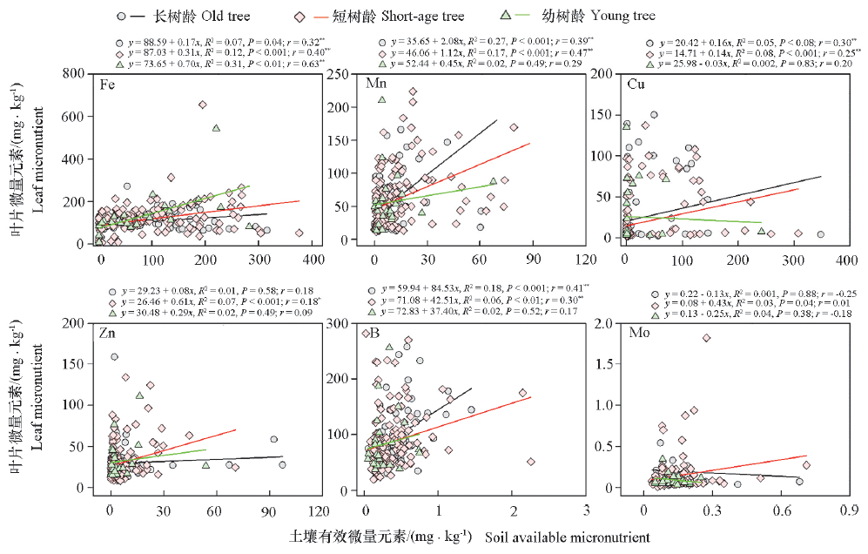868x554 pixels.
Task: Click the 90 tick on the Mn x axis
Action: coord(532,260)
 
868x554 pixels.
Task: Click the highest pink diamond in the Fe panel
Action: coord(203,105)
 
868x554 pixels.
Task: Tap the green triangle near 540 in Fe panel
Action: coord(216,129)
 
